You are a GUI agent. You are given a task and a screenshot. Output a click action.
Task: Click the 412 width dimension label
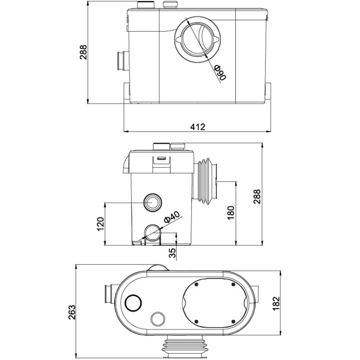point(197,127)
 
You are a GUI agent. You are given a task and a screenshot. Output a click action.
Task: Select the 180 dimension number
point(231,212)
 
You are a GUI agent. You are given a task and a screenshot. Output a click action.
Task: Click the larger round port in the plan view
point(134,302)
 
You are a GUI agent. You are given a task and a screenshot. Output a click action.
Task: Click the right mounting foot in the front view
point(269,92)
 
